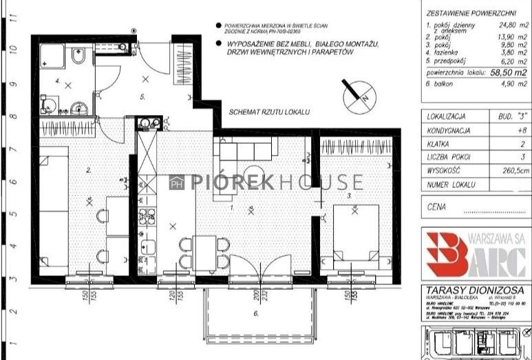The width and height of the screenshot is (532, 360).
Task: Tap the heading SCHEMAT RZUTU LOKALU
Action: tap(270, 110)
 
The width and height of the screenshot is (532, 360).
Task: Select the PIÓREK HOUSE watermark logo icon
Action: tap(176, 182)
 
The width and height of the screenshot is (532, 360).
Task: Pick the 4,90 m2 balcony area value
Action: tap(512, 83)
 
